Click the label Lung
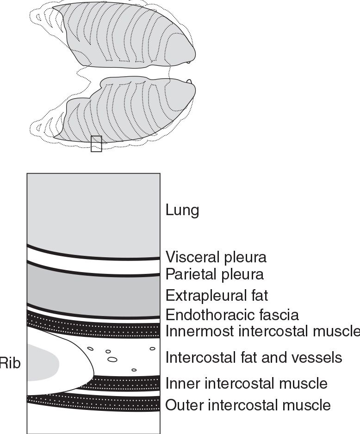coord(182,211)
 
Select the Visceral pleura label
coord(216,256)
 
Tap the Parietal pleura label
coord(215,274)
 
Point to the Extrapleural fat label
coord(217,295)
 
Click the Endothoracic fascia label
coord(232,315)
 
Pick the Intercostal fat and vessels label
coord(254,358)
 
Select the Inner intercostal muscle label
coord(246,383)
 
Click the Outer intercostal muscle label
coord(248,405)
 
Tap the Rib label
coord(10,363)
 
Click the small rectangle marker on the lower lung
coord(96,144)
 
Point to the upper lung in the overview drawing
coord(125,35)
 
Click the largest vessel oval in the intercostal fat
coord(112,359)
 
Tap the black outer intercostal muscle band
coord(93,403)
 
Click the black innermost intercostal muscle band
coord(93,327)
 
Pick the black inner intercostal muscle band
coord(125,383)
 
